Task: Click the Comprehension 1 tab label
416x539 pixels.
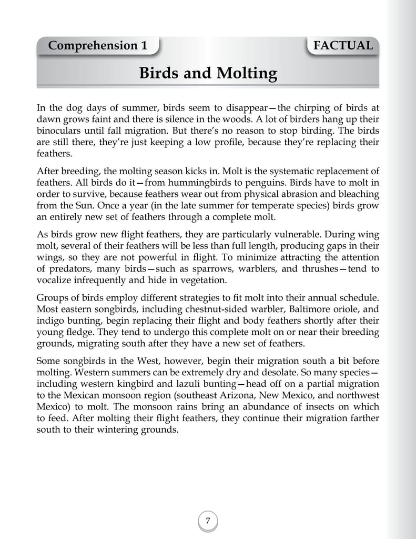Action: pyautogui.click(x=97, y=46)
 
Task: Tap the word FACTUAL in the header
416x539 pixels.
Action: pyautogui.click(x=343, y=46)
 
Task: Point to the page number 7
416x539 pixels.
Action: pyautogui.click(x=208, y=521)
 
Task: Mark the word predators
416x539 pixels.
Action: pyautogui.click(x=69, y=269)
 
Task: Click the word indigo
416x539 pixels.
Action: pyautogui.click(x=49, y=321)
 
